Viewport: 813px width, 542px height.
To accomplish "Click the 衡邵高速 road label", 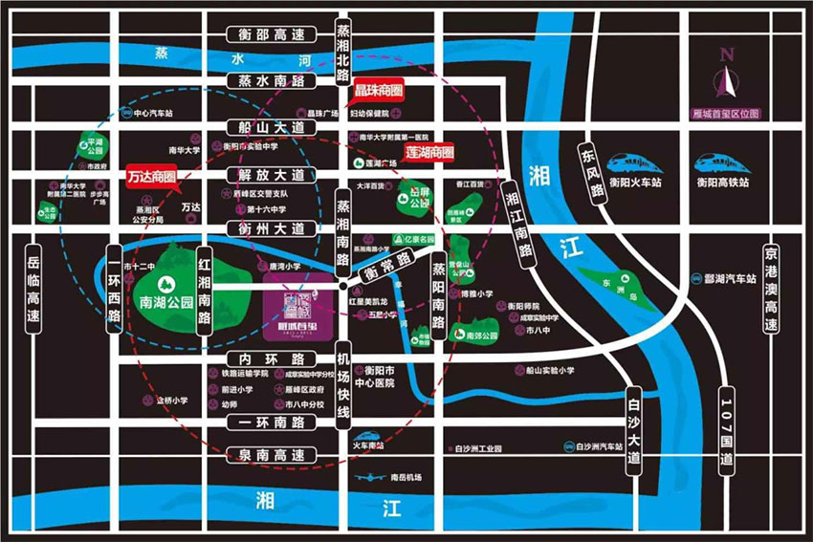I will click(271, 35).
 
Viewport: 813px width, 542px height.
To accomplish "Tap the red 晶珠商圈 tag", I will click(378, 89).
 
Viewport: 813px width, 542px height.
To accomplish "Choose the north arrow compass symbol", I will click(727, 76).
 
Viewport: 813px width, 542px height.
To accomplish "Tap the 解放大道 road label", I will click(271, 175).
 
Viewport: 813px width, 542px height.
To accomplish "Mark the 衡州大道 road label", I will click(271, 228).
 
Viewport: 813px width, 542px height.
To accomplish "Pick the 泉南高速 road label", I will click(271, 455).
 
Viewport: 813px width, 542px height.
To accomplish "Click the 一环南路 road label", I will click(271, 422).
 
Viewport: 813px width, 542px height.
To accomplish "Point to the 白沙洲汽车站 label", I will click(595, 445).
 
